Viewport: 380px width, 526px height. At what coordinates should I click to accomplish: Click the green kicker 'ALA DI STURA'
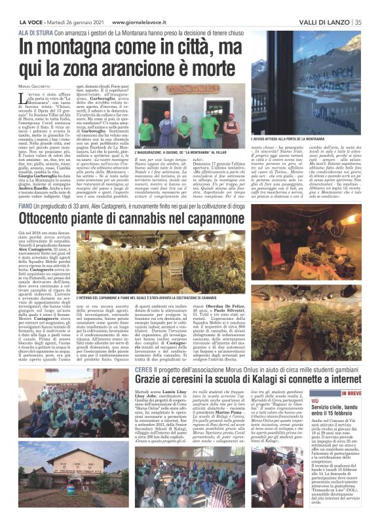click(35, 32)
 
